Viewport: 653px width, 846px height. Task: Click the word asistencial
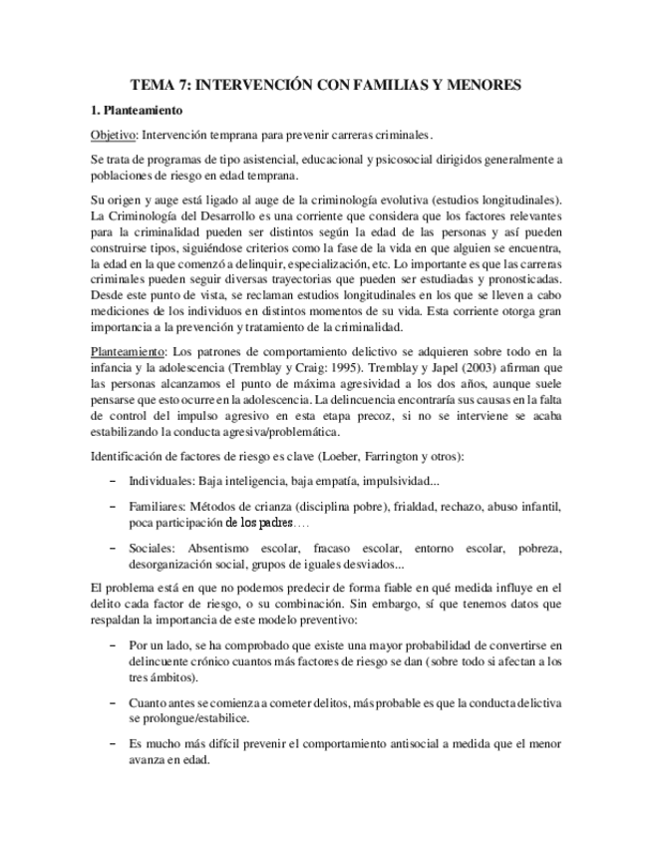click(249, 159)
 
